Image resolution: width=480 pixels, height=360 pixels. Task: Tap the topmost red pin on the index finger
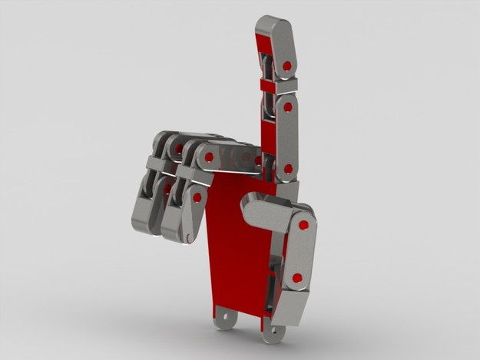coord(287,66)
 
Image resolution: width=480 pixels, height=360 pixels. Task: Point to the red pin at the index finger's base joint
coord(288,168)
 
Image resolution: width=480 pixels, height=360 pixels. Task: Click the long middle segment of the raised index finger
coord(286,138)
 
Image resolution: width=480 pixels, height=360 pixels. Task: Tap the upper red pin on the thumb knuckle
coord(303,226)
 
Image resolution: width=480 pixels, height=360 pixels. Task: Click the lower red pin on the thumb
coord(296,278)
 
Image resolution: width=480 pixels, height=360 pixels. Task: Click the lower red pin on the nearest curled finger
coord(197,198)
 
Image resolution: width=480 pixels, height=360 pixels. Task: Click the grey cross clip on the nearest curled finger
coord(194,176)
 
